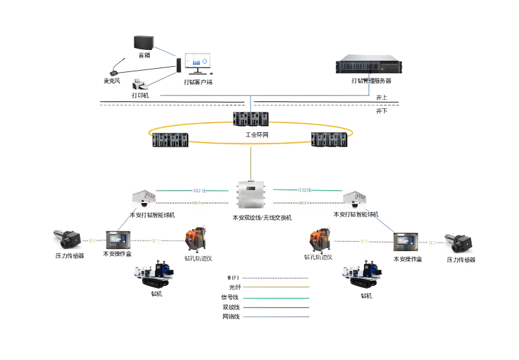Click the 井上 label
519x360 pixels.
(382, 97)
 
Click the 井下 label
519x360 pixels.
(382, 111)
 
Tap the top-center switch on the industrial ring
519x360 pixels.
(251, 120)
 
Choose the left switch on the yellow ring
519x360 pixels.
(170, 140)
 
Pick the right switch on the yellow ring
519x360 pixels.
(330, 140)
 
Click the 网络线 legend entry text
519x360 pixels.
(231, 317)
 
